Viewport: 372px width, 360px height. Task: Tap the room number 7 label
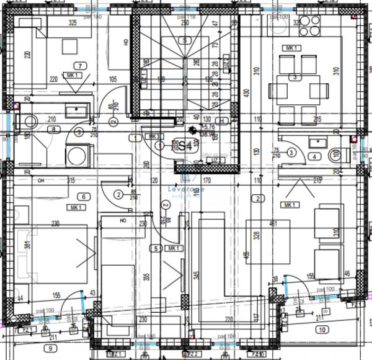point(79,66)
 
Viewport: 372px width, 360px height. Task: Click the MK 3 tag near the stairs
point(153,136)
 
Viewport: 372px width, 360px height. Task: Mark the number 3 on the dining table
point(295,78)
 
